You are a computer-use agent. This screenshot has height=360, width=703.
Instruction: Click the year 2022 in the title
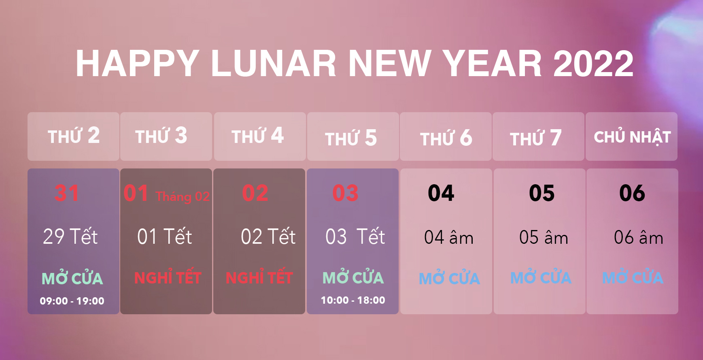[x=593, y=64]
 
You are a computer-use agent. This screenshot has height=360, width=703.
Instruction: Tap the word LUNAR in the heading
[x=273, y=64]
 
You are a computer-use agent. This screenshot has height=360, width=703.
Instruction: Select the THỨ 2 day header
[x=74, y=136]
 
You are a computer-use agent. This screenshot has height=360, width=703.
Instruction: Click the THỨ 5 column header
[x=351, y=138]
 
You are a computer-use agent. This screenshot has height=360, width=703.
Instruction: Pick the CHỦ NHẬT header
[x=632, y=137]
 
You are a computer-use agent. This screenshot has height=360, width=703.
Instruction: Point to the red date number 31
[x=67, y=193]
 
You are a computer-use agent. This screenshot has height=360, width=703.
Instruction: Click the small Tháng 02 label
[x=183, y=197]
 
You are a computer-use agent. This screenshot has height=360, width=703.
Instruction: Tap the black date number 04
[x=441, y=193]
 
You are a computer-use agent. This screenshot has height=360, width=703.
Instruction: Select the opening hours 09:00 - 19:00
[x=72, y=301]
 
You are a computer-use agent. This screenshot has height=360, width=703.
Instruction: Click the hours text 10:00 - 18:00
[x=353, y=300]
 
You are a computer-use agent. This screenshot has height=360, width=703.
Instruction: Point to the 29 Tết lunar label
[x=70, y=236]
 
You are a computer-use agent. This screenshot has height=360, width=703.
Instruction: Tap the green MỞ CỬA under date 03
[x=353, y=277]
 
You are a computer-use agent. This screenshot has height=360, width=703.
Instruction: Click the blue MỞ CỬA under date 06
[x=633, y=277]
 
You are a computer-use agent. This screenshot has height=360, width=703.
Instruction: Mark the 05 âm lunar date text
[x=544, y=237]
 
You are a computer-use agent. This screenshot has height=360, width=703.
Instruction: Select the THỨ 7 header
[x=535, y=138]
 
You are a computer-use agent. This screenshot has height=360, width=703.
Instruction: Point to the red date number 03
[x=346, y=193]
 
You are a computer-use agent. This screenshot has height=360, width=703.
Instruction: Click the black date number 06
[x=632, y=193]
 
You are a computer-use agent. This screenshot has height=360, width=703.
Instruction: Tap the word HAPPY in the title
[x=138, y=64]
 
